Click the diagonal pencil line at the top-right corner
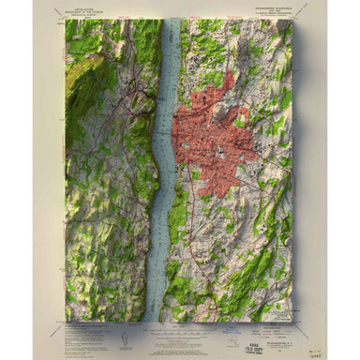303,12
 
